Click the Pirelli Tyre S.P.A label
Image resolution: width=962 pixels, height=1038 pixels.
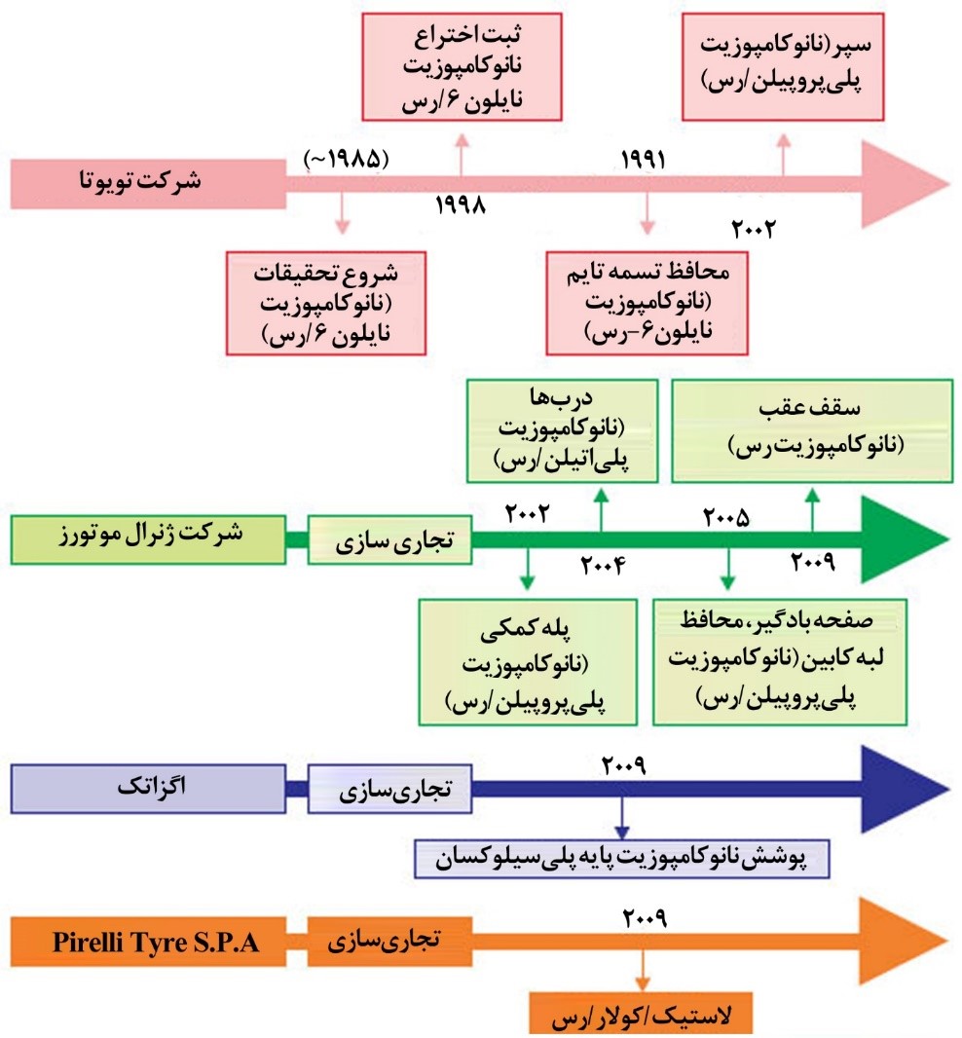click(155, 942)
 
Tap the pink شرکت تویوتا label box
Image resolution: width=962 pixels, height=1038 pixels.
click(148, 184)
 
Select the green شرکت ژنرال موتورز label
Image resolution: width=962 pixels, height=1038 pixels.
click(148, 539)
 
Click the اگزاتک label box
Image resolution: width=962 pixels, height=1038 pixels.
click(148, 789)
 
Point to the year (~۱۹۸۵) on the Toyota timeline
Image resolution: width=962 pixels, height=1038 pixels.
click(346, 159)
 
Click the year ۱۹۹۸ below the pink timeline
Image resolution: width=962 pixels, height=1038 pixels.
click(461, 205)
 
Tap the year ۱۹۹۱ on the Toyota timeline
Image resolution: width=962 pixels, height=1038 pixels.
click(643, 160)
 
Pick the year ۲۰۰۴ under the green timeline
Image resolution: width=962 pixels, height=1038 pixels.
click(603, 565)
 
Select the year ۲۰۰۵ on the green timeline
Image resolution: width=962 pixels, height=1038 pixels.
click(725, 517)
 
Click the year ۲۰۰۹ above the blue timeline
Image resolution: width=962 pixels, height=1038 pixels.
click(623, 765)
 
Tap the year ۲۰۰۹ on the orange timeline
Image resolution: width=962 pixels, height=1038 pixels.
click(645, 918)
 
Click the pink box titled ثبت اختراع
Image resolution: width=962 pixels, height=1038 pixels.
click(462, 67)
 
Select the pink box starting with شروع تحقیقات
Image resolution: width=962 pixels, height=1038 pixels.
click(326, 303)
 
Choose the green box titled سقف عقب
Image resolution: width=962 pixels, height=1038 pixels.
click(812, 430)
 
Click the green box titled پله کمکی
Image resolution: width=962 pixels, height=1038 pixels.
click(528, 663)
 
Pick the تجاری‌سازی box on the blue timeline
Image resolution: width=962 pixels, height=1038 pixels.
click(390, 789)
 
